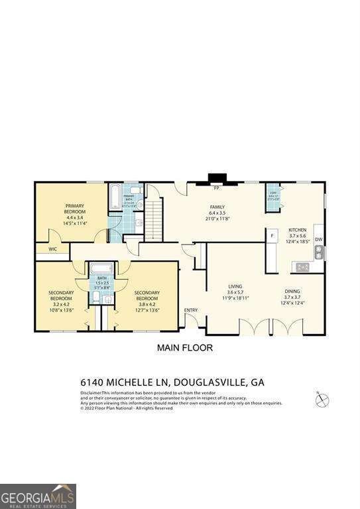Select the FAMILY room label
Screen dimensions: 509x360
218,207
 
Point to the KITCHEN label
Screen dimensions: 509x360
297,230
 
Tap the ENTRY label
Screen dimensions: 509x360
191,310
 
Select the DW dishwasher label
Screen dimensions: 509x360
318,240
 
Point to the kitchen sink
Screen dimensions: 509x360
319,253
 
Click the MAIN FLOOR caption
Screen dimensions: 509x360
184,347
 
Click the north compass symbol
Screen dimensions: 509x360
322,399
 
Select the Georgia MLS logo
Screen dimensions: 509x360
38,496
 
